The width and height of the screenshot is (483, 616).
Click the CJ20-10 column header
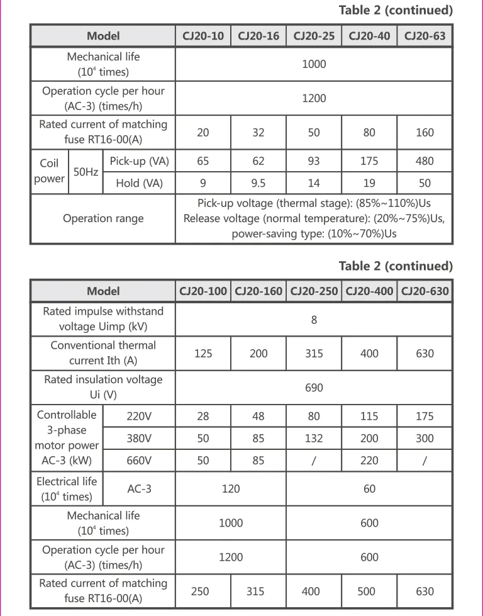pos(203,36)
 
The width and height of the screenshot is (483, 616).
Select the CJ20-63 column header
pos(425,36)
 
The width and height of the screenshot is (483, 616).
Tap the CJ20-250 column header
pos(313,291)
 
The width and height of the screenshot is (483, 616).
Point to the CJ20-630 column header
pos(425,291)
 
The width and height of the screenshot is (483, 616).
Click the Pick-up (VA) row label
pos(139,161)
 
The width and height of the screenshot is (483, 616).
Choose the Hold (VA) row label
pos(139,183)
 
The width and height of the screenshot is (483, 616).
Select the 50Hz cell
pos(85,171)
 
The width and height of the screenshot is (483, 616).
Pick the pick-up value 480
pos(425,161)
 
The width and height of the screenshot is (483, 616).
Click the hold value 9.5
pos(258,183)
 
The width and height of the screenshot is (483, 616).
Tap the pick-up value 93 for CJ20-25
pos(314,161)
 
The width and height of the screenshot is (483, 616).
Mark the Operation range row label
pos(103,218)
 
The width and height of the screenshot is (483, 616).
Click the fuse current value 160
pos(425,132)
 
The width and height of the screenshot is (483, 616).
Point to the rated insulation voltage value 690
pos(314,387)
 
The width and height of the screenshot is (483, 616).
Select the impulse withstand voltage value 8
pos(314,320)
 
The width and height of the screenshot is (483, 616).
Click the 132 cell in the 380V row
pos(314,438)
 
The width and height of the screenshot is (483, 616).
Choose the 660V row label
pos(139,461)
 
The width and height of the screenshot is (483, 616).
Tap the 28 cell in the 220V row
pos(203,416)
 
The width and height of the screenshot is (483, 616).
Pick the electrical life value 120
pos(231,489)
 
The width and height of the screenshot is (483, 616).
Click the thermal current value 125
pos(203,353)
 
